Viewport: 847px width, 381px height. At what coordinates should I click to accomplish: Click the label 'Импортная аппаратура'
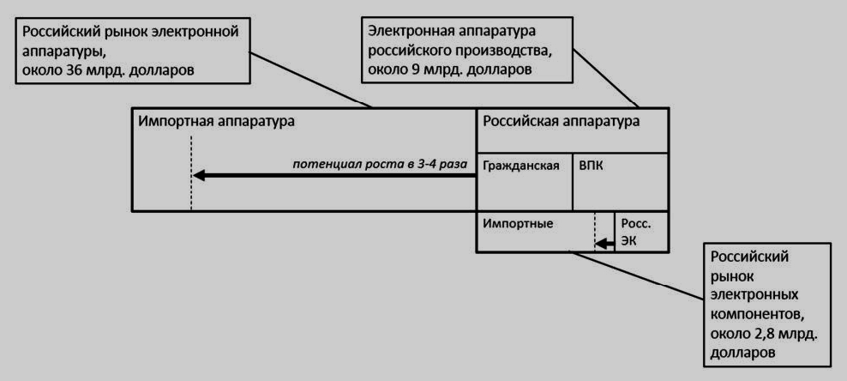coord(217,121)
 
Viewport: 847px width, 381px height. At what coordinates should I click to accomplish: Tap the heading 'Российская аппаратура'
coord(562,121)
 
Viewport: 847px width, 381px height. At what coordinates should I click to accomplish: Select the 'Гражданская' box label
coord(520,166)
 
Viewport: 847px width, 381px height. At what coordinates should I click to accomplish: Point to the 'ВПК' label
coord(591,165)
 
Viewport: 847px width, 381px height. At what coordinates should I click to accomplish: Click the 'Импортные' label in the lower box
coord(518,222)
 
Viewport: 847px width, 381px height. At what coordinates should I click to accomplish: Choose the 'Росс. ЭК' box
coord(642,232)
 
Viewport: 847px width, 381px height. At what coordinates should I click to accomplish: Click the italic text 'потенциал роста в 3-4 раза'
coord(381,163)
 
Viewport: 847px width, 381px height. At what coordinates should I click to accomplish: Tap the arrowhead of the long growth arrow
coord(199,175)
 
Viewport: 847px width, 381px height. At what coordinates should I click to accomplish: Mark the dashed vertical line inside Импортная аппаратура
coord(191,173)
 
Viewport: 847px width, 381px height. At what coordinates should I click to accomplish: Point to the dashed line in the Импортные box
coord(595,231)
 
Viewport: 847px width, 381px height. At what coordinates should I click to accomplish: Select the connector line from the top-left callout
coord(310,80)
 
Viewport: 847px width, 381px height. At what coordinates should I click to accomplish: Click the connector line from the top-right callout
coord(605,78)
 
